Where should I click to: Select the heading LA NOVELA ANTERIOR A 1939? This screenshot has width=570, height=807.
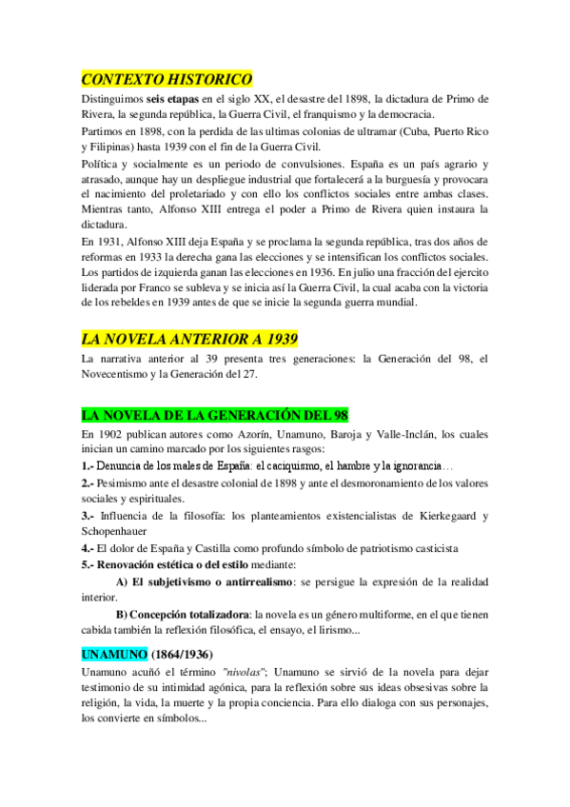click(190, 338)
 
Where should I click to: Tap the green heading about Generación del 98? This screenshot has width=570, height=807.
click(215, 415)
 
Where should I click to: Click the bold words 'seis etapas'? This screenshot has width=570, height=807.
click(179, 98)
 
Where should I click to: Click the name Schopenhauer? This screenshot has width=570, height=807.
click(120, 531)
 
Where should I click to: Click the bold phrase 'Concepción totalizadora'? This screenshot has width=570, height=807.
click(188, 613)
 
